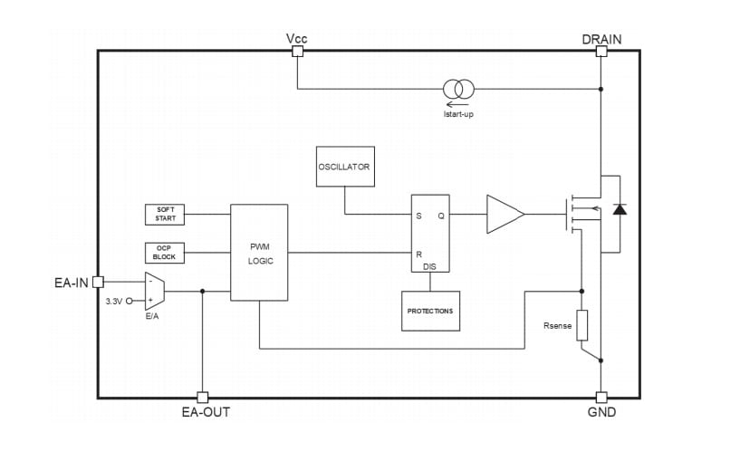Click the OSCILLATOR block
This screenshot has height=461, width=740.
coord(344,167)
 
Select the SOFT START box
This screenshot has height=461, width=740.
coord(165,215)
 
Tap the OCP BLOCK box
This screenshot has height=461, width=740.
coord(165,252)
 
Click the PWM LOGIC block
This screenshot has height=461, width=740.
coord(259,253)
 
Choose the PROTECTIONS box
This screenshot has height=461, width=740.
coord(430,311)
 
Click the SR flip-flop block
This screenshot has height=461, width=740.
coord(430,234)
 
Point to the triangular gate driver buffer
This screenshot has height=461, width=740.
coord(504,215)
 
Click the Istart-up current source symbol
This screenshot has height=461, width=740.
coord(458,89)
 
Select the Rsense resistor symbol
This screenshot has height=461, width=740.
coord(581,325)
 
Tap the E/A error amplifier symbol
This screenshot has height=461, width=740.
coord(154,291)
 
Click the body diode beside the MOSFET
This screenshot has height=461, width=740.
coord(620,209)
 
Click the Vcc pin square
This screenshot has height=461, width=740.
coord(297,52)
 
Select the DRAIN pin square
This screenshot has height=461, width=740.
coord(601,52)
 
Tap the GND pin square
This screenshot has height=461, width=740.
coord(601,397)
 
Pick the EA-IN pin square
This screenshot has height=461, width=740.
coord(98,282)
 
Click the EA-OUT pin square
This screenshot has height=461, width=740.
coord(202,397)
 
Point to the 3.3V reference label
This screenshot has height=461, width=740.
coord(113,301)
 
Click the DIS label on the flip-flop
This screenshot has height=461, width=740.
coord(429,266)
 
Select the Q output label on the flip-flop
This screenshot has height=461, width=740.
coord(441,216)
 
